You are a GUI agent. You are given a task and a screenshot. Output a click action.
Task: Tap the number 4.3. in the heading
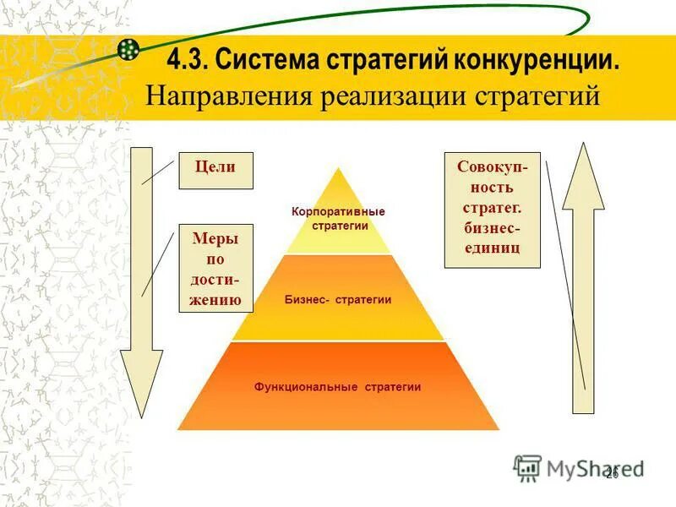(188, 60)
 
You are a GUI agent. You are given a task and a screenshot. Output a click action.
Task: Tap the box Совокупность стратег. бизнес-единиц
(492, 209)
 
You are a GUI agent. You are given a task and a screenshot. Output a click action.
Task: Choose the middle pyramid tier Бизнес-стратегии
(338, 299)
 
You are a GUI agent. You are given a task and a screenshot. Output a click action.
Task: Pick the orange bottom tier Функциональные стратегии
(338, 387)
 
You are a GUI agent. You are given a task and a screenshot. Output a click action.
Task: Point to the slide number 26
(612, 474)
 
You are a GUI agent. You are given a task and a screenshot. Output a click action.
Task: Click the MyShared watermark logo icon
(527, 466)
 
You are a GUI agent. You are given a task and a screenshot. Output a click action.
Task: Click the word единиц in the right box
(492, 248)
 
